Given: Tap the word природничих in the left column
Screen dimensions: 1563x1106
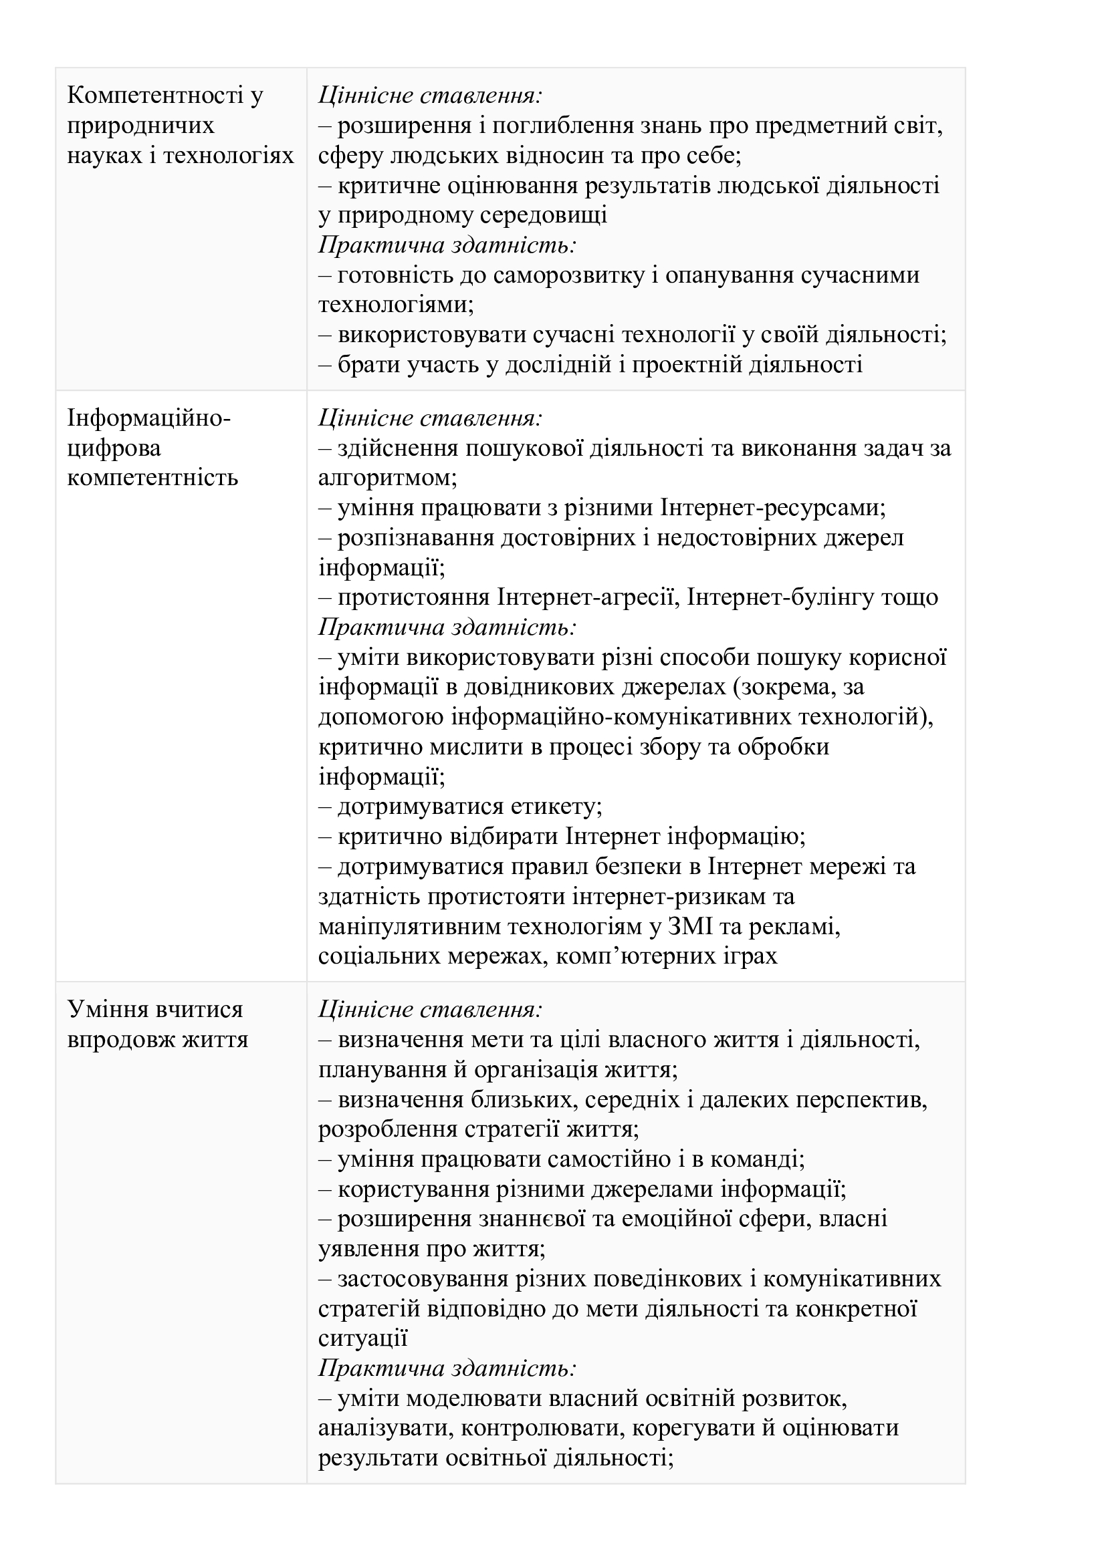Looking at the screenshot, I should click(140, 125).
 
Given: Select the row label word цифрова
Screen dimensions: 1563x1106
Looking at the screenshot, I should click(114, 448).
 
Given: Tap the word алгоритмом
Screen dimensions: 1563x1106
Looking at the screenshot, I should click(386, 478).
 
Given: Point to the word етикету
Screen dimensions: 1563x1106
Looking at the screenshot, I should click(555, 807).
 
